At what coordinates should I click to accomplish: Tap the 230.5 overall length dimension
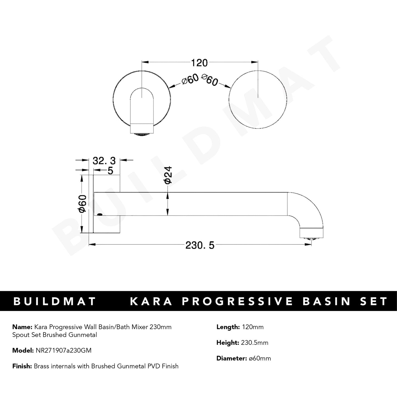click(200, 245)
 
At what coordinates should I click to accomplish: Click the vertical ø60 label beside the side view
click(82, 204)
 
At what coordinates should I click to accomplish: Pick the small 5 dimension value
click(110, 171)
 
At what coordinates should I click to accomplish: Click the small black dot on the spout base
click(100, 214)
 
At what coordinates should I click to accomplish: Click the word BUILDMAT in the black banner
click(54, 301)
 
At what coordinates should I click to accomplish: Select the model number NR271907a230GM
click(63, 350)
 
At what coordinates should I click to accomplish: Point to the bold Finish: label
click(23, 366)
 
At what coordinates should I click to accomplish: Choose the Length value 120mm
click(252, 327)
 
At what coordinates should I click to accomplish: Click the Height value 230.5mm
click(254, 343)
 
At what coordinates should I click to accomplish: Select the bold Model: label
click(23, 350)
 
